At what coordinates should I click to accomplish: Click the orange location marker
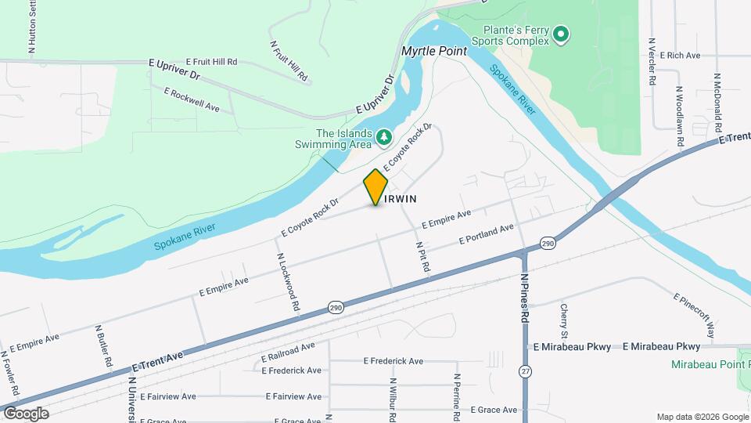point(375,187)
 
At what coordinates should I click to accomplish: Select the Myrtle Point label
point(434,51)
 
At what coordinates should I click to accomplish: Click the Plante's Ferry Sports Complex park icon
point(560,34)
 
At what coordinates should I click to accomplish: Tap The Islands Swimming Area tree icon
point(383,138)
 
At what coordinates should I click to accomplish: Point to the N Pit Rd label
point(423,256)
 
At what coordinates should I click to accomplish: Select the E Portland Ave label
point(486,233)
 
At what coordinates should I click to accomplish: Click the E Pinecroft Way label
point(694,316)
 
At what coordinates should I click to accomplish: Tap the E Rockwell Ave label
point(192,99)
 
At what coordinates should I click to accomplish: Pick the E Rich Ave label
point(680,56)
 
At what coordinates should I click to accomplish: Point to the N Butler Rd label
point(102,347)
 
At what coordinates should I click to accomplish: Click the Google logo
point(25,413)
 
